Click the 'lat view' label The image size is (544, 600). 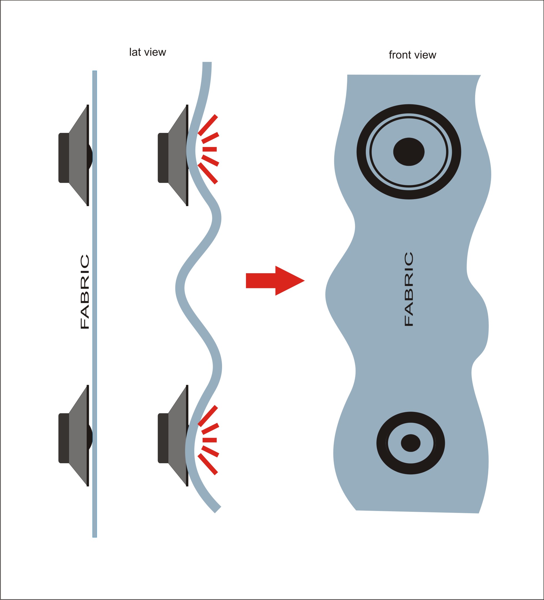147,52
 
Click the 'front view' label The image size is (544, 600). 412,55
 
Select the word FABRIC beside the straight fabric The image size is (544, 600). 85,292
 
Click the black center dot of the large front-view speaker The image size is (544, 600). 409,152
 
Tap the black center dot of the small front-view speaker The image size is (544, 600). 410,443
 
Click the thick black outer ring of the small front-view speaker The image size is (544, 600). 381,443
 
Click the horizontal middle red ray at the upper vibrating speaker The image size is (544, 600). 210,149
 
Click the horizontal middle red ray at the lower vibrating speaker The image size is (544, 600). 210,440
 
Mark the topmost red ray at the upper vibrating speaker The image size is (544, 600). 208,125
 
